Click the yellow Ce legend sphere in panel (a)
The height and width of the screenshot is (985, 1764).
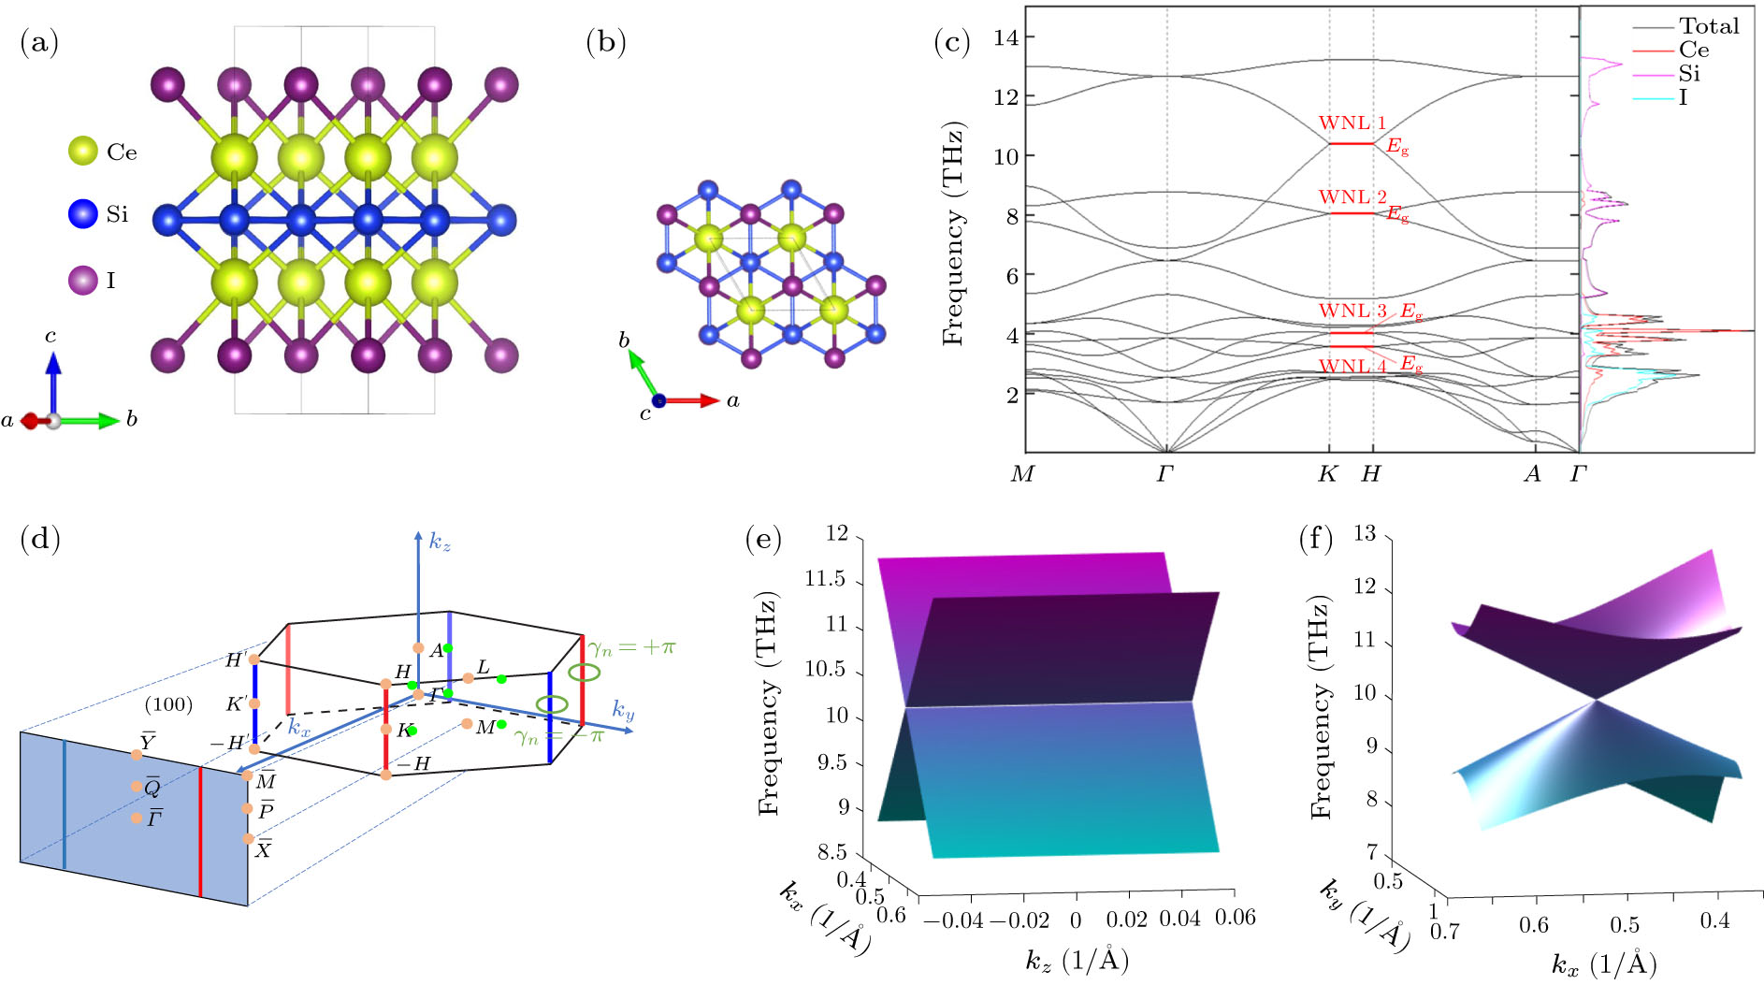[83, 151]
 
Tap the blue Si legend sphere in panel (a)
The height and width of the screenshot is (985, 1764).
[83, 213]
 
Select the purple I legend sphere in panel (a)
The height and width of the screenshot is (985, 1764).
[83, 280]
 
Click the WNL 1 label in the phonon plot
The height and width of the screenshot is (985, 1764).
[1352, 123]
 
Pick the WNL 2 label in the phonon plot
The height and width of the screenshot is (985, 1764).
[1352, 197]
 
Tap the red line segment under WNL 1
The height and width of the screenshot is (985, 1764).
[1352, 143]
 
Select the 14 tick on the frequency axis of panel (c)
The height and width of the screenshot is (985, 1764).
[1005, 37]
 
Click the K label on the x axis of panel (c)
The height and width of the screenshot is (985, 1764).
[1327, 474]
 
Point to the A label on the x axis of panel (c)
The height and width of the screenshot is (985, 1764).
[1532, 474]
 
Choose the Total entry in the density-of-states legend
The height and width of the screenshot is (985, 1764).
[1709, 26]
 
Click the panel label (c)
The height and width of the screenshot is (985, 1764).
[953, 43]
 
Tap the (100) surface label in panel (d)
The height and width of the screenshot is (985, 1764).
[168, 703]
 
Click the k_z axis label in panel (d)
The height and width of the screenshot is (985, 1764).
[440, 541]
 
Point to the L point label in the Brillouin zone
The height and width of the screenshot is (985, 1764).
[483, 667]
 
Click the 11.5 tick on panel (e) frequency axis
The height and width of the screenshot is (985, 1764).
[824, 580]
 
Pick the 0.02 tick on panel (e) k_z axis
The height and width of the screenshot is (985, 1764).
[1126, 920]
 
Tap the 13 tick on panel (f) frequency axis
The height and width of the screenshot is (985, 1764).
[1365, 534]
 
